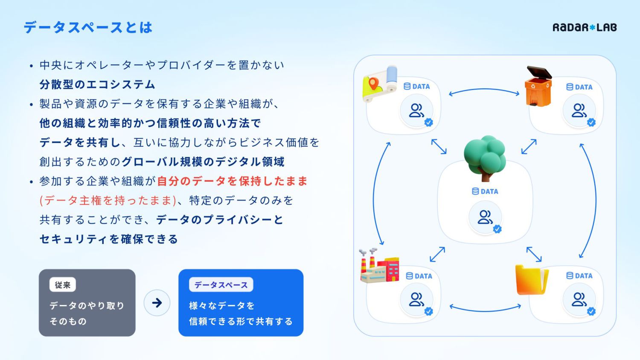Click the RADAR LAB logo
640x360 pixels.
point(585,28)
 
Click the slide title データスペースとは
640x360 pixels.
point(88,28)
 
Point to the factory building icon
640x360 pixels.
point(379,266)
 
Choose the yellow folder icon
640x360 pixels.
point(531,280)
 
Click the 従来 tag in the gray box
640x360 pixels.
point(63,285)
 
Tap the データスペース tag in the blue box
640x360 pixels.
point(221,285)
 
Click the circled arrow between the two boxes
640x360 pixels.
point(157,303)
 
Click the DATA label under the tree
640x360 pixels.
point(485,192)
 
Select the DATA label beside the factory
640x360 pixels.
point(419,276)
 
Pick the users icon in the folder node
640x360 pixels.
point(579,299)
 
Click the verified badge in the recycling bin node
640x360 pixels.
point(591,122)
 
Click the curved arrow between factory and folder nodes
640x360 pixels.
point(485,309)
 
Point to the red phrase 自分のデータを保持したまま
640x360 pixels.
point(233,181)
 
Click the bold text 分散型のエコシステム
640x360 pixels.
point(97,84)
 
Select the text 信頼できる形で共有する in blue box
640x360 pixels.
point(241,322)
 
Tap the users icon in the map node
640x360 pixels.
point(416,110)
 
